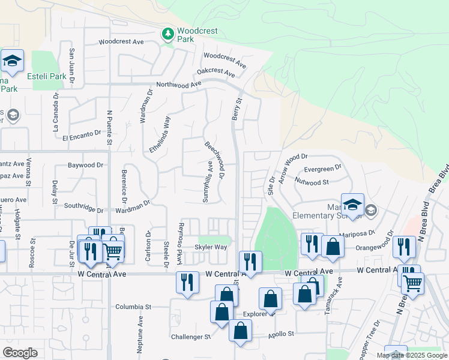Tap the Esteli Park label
[47, 76]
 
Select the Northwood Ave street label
[178, 85]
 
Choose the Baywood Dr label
[85, 165]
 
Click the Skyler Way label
[210, 247]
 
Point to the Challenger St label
[191, 337]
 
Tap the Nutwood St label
[313, 182]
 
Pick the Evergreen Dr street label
[322, 168]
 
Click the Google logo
[20, 353]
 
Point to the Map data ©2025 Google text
[411, 355]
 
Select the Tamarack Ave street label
[340, 291]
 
